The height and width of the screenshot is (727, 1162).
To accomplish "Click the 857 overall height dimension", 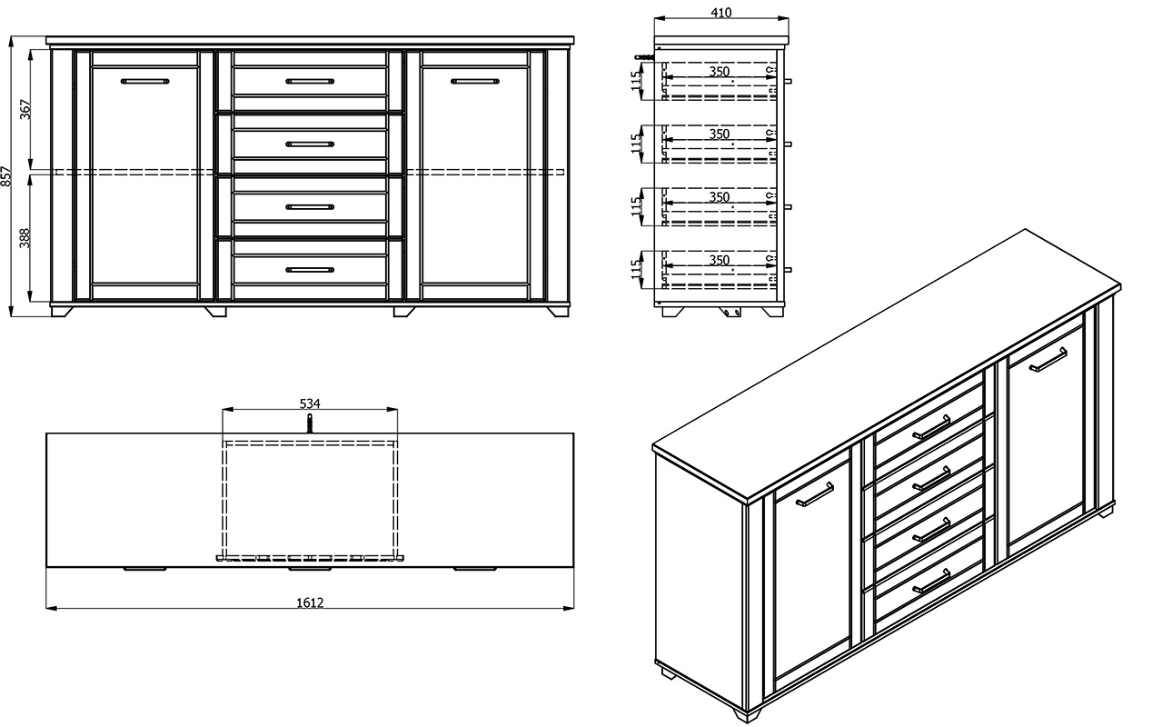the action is click(5, 176).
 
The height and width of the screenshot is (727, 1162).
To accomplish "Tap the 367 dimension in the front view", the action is click(25, 109).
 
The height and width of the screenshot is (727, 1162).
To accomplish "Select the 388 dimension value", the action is click(25, 238).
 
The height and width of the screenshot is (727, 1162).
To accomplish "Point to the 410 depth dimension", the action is click(721, 13).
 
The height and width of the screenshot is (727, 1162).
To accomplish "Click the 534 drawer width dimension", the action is click(310, 403).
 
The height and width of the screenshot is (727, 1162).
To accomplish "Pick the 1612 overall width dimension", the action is click(310, 603).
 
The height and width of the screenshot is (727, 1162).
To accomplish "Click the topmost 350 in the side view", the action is click(720, 71).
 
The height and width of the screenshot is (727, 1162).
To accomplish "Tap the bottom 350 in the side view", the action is click(720, 260).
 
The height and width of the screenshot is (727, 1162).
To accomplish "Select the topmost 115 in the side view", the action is click(636, 81).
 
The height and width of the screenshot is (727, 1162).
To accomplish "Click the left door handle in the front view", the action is click(144, 81).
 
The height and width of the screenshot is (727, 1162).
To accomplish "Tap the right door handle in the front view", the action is click(474, 81).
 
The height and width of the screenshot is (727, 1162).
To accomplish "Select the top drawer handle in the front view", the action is click(310, 81).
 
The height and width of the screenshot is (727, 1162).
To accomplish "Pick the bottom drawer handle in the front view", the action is click(310, 270).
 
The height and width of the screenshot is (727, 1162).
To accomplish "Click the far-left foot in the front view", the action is click(62, 312).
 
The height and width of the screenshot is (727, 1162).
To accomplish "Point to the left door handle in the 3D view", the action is click(815, 494).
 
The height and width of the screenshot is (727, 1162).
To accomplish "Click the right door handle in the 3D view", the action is click(1048, 360).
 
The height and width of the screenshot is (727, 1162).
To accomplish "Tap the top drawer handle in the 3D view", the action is click(931, 427).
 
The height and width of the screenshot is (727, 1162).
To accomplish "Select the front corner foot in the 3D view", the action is click(748, 715).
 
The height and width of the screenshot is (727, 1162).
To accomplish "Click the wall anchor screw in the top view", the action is click(310, 423).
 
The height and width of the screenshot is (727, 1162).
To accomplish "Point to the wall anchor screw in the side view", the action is click(644, 56).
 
